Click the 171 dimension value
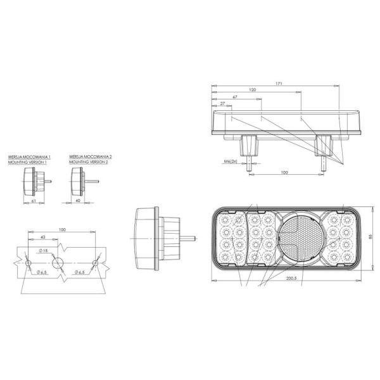click(279, 84)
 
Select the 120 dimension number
click(253, 91)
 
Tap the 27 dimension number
click(222, 103)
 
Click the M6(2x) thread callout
click(231, 161)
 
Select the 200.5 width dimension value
click(291, 278)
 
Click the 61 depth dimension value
click(34, 201)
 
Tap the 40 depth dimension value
click(77, 201)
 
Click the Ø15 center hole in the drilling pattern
click(58, 262)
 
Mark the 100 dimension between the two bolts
click(284, 172)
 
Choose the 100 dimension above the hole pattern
click(61, 229)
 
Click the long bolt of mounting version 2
click(93, 182)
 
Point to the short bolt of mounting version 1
click(47, 181)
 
